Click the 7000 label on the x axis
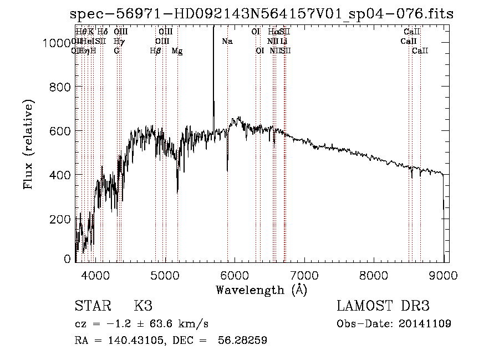304,275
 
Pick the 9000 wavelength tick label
444,275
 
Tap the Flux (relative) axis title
28,144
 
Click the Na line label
227,42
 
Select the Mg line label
177,51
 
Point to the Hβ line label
155,51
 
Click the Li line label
284,42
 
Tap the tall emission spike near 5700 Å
213,67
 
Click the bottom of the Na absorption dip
227,169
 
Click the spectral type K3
143,306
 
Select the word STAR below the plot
91,306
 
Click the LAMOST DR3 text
383,306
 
